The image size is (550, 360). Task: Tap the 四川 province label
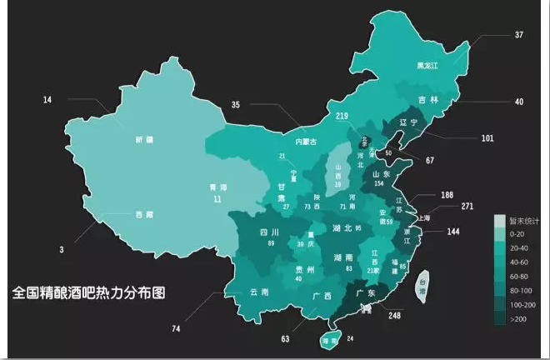point(268,232)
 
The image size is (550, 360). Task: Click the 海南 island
point(330,341)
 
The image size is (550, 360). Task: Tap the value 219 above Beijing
point(341,116)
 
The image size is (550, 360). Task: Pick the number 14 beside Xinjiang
point(47,100)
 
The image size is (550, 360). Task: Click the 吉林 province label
point(427,101)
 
